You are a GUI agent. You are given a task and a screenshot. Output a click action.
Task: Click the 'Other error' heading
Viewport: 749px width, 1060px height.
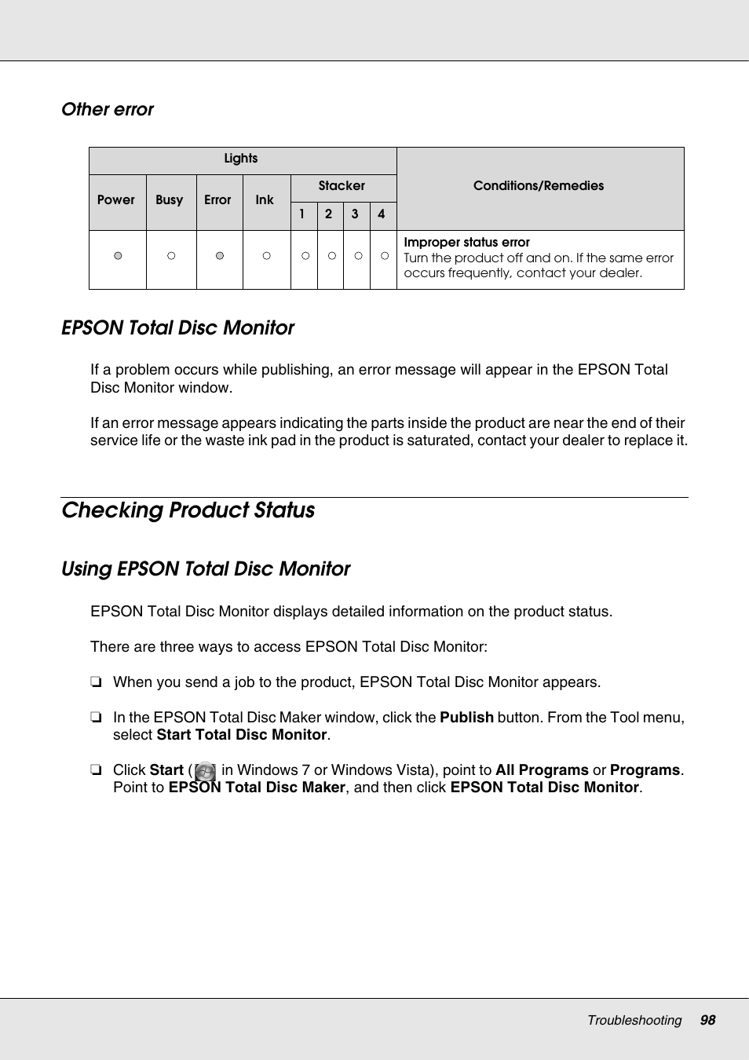pyautogui.click(x=108, y=110)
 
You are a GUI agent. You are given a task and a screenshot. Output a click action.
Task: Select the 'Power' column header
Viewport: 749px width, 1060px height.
pyautogui.click(x=116, y=200)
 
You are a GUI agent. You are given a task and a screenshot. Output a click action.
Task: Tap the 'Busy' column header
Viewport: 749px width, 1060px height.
pyautogui.click(x=170, y=200)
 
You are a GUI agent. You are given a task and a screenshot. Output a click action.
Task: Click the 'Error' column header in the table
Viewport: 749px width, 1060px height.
pyautogui.click(x=217, y=200)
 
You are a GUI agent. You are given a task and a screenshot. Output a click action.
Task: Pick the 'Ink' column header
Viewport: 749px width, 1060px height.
pyautogui.click(x=265, y=200)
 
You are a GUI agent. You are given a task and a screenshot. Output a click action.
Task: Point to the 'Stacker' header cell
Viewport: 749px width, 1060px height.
pyautogui.click(x=342, y=186)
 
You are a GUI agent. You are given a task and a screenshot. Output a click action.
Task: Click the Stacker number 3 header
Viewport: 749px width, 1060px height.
pyautogui.click(x=355, y=214)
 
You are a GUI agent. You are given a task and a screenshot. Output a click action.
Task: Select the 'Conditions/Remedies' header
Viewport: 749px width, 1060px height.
pyautogui.click(x=539, y=186)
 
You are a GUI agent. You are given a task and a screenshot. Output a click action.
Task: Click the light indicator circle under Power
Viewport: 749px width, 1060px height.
pyautogui.click(x=118, y=256)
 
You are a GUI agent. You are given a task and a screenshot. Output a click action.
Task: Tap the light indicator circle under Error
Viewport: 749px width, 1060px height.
pyautogui.click(x=220, y=256)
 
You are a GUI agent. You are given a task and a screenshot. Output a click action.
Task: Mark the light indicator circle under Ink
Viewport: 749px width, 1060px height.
pyautogui.click(x=267, y=256)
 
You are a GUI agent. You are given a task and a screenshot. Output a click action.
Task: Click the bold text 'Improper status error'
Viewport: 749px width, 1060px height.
pyautogui.click(x=466, y=243)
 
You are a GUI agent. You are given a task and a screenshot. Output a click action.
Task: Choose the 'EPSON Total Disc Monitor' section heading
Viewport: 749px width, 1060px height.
pyautogui.click(x=178, y=328)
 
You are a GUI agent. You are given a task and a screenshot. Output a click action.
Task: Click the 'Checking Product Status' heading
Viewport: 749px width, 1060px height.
pyautogui.click(x=188, y=510)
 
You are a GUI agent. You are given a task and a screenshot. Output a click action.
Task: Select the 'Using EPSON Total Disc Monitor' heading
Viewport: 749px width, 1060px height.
pyautogui.click(x=206, y=569)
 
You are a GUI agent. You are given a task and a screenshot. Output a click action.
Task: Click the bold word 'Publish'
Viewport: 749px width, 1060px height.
pyautogui.click(x=466, y=718)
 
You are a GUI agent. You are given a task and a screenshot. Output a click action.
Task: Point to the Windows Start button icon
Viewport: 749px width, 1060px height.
pyautogui.click(x=205, y=771)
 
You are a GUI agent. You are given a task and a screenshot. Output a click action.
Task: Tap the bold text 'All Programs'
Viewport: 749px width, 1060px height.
pyautogui.click(x=542, y=770)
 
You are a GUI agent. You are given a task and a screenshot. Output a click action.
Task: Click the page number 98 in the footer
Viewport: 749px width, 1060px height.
pyautogui.click(x=707, y=1020)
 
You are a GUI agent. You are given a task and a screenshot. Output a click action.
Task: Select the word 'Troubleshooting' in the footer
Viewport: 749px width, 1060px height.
pyautogui.click(x=634, y=1020)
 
